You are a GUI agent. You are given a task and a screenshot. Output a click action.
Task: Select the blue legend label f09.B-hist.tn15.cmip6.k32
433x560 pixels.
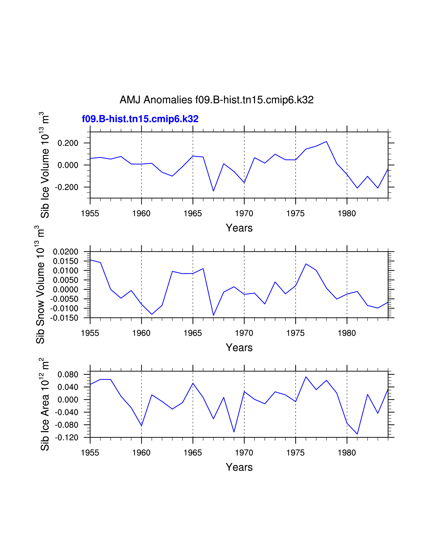click(140, 119)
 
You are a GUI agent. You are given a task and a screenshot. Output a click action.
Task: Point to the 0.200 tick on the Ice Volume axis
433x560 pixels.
click(68, 143)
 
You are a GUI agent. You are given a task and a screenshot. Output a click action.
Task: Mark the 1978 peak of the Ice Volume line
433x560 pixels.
click(326, 142)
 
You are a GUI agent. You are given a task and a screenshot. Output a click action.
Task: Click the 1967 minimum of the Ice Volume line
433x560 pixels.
click(213, 191)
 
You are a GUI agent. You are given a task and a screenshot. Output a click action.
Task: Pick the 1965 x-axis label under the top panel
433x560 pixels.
click(193, 214)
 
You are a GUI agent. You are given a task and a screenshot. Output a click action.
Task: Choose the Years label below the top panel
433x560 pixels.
click(239, 228)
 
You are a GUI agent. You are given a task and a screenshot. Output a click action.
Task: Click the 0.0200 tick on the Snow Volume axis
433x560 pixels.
click(65, 252)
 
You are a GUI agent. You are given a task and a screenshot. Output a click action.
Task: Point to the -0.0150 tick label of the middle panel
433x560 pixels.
click(64, 318)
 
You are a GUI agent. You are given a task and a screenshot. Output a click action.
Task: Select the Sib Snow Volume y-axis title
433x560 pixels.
click(40, 285)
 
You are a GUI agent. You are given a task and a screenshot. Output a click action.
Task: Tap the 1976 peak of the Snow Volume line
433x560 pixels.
click(306, 264)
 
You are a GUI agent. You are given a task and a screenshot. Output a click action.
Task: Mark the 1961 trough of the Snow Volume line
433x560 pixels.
click(152, 314)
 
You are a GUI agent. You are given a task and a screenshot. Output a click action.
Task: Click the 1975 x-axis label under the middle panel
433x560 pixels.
click(295, 333)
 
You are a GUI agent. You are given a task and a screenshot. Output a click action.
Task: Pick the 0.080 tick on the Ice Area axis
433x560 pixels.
click(68, 375)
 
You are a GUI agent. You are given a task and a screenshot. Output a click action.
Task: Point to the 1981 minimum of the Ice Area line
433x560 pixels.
click(357, 434)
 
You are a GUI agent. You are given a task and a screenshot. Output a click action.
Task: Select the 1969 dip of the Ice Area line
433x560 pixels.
click(234, 432)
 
